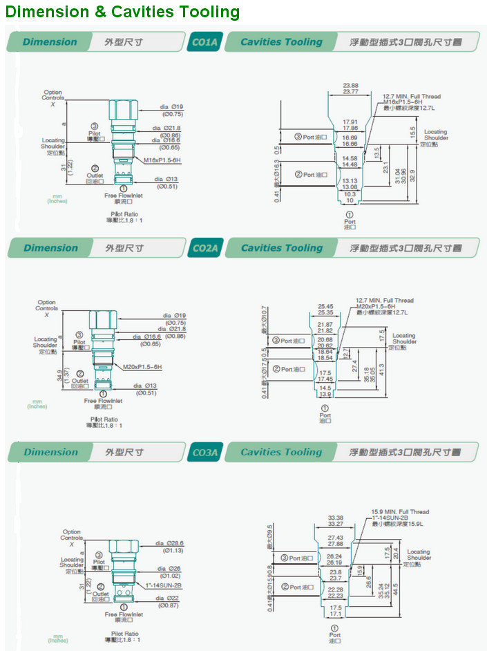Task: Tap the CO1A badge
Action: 204,42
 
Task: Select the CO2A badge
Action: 204,248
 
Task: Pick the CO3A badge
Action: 204,453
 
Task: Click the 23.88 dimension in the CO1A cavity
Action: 350,86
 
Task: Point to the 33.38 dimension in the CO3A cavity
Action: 336,517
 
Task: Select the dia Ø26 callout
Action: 171,569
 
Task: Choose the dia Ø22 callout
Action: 170,598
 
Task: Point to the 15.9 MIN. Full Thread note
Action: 400,512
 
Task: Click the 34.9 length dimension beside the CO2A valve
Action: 59,377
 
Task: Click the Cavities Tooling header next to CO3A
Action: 281,453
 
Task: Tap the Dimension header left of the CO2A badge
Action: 50,248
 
